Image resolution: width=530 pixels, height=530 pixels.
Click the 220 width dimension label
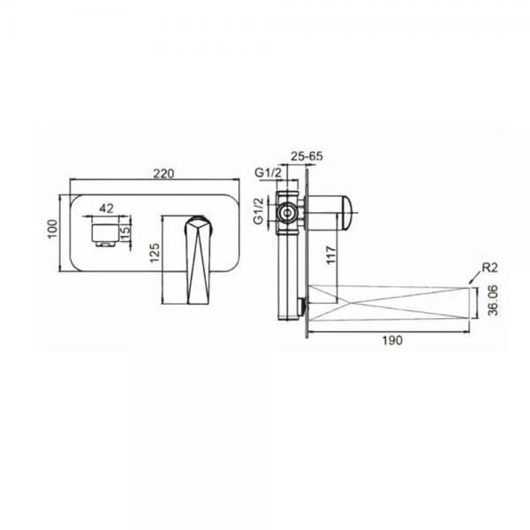[x=163, y=173]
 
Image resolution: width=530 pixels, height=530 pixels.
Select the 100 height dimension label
[x=53, y=229]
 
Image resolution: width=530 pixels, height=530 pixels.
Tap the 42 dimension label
[x=107, y=208]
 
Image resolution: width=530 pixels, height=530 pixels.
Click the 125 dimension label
[x=155, y=253]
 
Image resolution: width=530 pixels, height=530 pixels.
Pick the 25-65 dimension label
[x=307, y=155]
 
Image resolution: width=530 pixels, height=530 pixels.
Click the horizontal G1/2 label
[x=268, y=173]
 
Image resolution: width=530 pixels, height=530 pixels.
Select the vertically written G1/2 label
[x=259, y=211]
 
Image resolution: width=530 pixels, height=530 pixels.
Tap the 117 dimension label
[x=331, y=255]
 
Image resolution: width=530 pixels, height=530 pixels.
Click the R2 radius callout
[x=489, y=268]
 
